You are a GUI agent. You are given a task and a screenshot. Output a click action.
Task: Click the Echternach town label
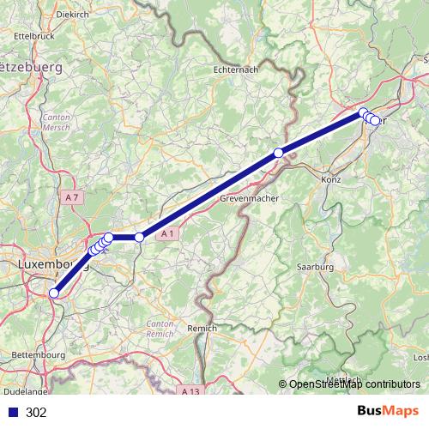[x=239, y=71]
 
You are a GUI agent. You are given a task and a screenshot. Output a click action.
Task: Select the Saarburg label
[x=314, y=267]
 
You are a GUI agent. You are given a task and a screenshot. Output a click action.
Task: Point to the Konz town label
[x=329, y=183]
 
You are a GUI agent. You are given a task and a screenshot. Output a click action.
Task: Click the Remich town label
[x=202, y=328]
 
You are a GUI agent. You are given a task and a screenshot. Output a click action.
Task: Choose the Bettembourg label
[x=39, y=354]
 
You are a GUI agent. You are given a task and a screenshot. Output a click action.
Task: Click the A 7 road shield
[x=74, y=197]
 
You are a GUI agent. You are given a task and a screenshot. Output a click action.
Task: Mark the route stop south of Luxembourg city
[x=54, y=293]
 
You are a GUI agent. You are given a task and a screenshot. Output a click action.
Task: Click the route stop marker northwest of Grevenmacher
[x=278, y=153]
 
